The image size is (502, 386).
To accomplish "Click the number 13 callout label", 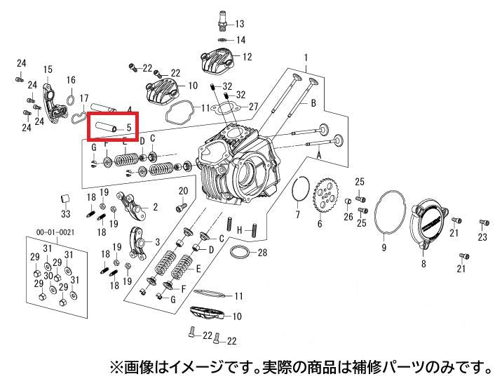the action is (x=240, y=24).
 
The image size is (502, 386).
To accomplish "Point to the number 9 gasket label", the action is (x=384, y=247).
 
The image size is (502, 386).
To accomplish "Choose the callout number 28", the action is (x=262, y=253).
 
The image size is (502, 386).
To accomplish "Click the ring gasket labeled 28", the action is (x=239, y=253).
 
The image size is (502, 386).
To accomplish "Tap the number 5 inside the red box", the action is (x=129, y=127).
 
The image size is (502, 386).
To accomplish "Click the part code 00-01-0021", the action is (x=55, y=232).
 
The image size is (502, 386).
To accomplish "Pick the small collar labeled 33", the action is (x=65, y=199).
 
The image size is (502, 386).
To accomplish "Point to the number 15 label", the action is (x=48, y=69).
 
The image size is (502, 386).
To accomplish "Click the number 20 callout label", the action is (x=183, y=191).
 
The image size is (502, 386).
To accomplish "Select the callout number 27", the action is (x=253, y=106).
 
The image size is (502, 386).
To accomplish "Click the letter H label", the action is (x=240, y=229).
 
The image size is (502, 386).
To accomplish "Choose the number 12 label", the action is (x=247, y=57).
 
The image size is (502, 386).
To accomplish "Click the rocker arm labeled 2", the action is (x=130, y=206).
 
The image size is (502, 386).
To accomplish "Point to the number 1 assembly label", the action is (x=306, y=58).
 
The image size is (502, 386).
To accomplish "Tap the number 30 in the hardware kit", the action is (x=48, y=276).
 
